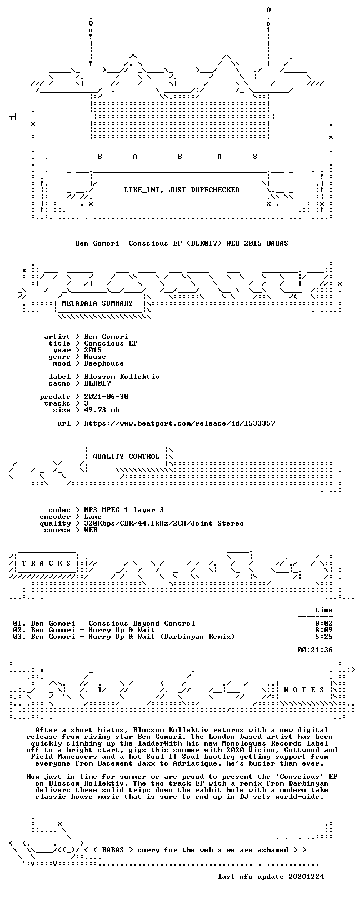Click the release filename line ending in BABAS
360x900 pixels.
(x=182, y=243)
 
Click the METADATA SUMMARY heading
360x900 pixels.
(x=97, y=303)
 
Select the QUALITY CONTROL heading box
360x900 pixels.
(x=126, y=457)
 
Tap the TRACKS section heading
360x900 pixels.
(x=46, y=563)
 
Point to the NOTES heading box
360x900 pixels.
(x=304, y=690)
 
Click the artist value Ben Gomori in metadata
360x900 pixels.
(x=106, y=337)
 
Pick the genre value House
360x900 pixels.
(x=95, y=357)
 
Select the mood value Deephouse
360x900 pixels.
(x=104, y=363)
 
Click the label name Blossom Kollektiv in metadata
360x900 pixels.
(x=122, y=377)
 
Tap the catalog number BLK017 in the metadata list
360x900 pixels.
(x=97, y=383)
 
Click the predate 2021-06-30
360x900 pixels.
(x=106, y=397)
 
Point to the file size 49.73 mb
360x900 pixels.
(x=102, y=410)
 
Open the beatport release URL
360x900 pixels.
(x=179, y=423)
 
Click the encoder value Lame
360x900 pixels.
(x=93, y=517)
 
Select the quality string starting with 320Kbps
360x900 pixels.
(x=164, y=523)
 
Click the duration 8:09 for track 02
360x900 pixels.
(x=324, y=630)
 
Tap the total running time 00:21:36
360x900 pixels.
(x=315, y=649)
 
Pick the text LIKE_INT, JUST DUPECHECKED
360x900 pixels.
(x=182, y=189)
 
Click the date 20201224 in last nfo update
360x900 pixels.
(x=306, y=876)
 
